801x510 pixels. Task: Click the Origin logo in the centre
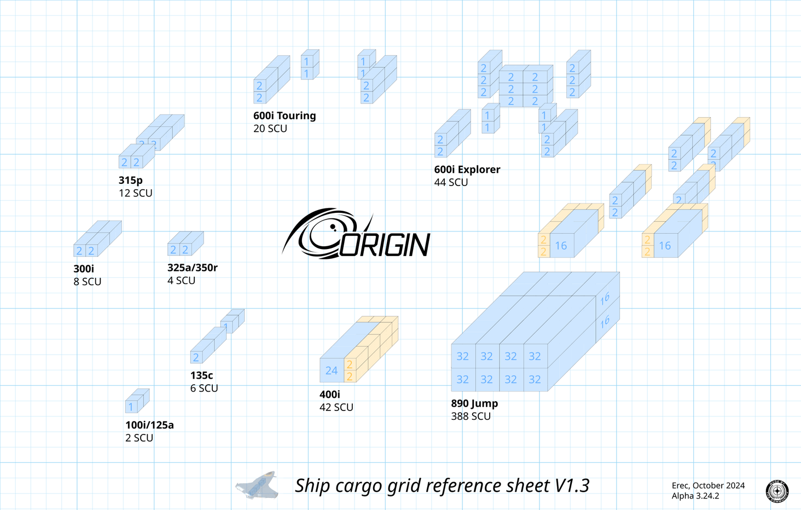(x=357, y=234)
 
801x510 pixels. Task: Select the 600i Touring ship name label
(x=285, y=116)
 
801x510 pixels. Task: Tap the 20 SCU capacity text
(x=270, y=129)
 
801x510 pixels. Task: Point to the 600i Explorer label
(x=467, y=170)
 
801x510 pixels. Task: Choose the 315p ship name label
(x=131, y=180)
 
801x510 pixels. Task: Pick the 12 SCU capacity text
(x=136, y=193)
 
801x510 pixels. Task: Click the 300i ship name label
(x=84, y=269)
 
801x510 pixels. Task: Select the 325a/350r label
(x=193, y=268)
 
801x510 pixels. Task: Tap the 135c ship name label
(x=201, y=375)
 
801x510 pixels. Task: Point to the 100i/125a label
(x=149, y=425)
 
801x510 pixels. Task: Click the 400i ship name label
(x=330, y=395)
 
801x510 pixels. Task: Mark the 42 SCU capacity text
(x=336, y=408)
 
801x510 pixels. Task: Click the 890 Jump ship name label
(x=474, y=404)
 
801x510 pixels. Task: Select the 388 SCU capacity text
(x=471, y=416)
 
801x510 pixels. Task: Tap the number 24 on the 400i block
(x=332, y=371)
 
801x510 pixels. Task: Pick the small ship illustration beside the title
(x=257, y=485)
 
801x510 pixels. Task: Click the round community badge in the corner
(x=777, y=491)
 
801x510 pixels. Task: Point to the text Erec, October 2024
(x=708, y=485)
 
